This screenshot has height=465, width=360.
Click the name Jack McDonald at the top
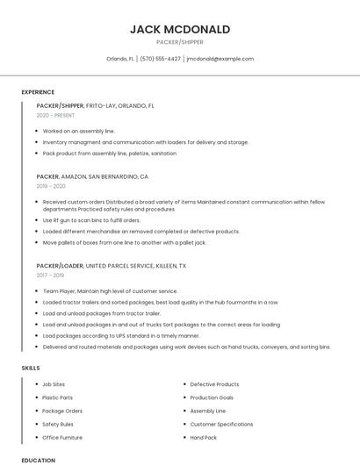(x=180, y=29)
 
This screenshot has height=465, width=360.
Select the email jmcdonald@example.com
(x=220, y=59)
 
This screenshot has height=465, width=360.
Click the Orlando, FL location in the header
(x=120, y=59)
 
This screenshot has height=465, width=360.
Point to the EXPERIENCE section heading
(x=38, y=92)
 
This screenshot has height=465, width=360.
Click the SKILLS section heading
(x=31, y=368)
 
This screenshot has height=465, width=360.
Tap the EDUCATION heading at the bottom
(x=38, y=460)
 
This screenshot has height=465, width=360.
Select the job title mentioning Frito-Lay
(x=95, y=105)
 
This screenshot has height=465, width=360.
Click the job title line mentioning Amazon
(x=92, y=176)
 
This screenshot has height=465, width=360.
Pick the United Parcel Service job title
(x=111, y=265)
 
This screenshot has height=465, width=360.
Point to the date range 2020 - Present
(x=55, y=116)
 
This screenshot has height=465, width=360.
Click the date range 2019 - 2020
(x=51, y=186)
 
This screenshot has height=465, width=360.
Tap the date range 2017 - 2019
(x=50, y=275)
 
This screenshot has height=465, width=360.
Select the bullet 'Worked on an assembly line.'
(x=78, y=131)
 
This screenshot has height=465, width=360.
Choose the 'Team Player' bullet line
(x=110, y=290)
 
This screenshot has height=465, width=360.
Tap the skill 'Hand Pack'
(x=204, y=437)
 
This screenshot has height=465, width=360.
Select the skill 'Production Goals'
(x=212, y=397)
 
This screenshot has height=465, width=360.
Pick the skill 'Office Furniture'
(x=62, y=437)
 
